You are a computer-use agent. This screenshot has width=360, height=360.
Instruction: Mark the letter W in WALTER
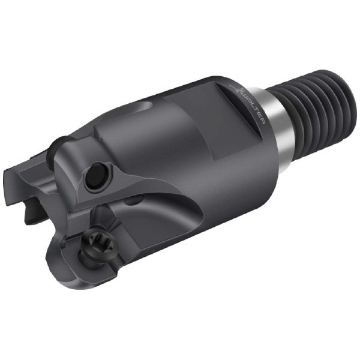click(247, 96)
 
